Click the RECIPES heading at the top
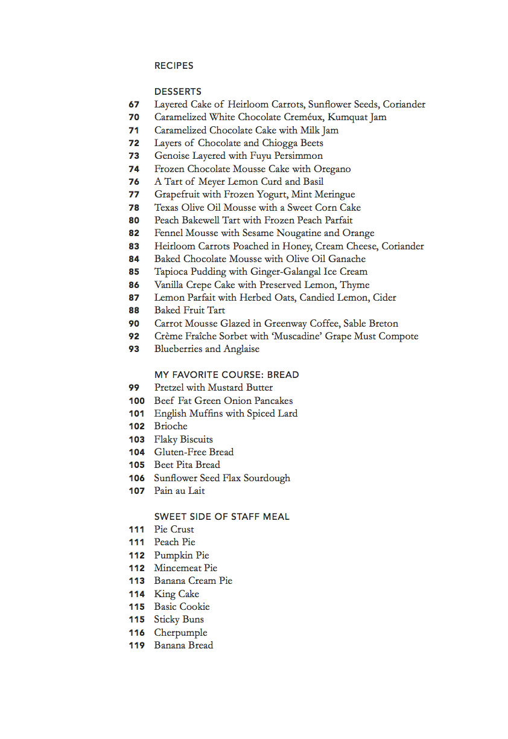(174, 65)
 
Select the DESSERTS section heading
(178, 92)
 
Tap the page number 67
(134, 104)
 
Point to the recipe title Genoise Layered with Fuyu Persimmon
(238, 156)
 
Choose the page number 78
(134, 208)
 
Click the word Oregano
(331, 169)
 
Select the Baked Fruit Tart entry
(189, 310)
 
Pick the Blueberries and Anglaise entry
(207, 349)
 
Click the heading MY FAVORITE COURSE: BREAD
(226, 375)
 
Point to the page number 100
(136, 401)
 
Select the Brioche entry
(171, 426)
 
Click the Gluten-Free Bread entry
(194, 452)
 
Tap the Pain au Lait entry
(179, 491)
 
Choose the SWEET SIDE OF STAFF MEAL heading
(221, 517)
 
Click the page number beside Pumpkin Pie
(136, 555)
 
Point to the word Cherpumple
(180, 633)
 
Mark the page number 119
(136, 645)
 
